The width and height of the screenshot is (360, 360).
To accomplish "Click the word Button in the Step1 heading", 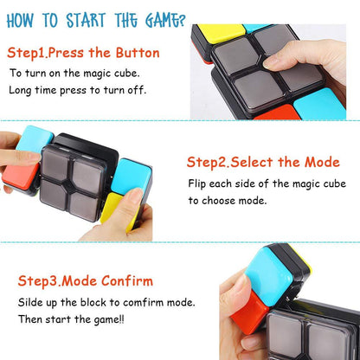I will tap(137, 52).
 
